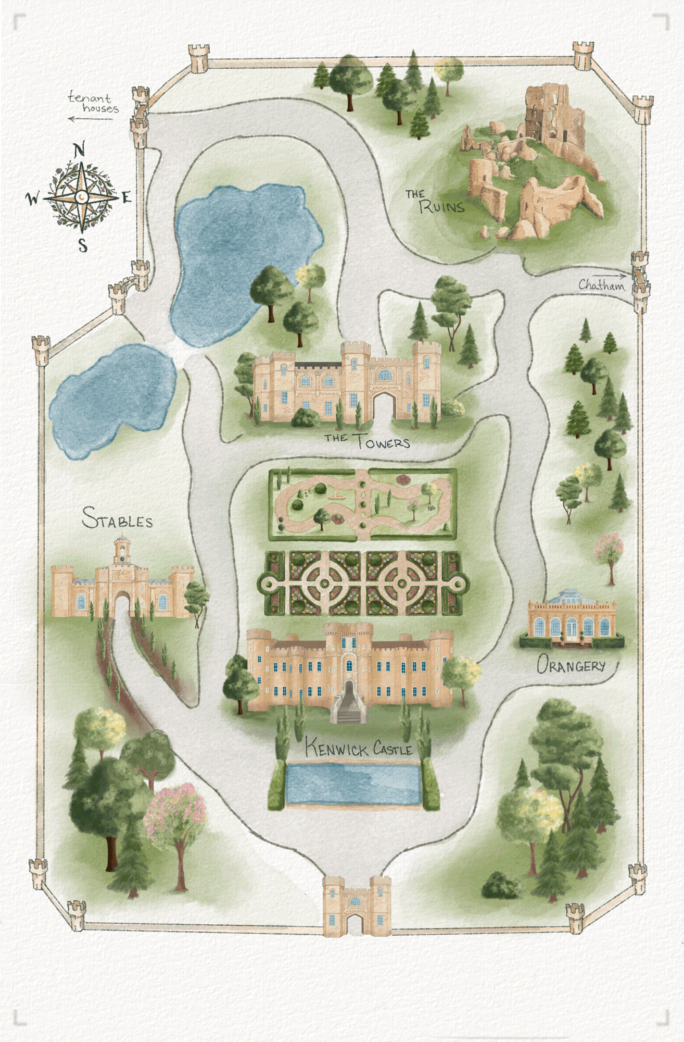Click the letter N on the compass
[x=79, y=151]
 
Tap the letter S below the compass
[x=83, y=244]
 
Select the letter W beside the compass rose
[x=33, y=198]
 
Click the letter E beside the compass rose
[x=126, y=197]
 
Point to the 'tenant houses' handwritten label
[x=93, y=103]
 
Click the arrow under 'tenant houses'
[x=90, y=119]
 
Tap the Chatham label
[x=601, y=285]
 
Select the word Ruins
[x=442, y=207]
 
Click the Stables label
[x=118, y=519]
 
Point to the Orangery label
[x=571, y=665]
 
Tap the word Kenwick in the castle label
[x=336, y=748]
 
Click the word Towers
[x=383, y=442]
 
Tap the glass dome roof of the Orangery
[x=571, y=597]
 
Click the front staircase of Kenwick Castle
[x=349, y=704]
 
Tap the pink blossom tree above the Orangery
[x=609, y=553]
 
